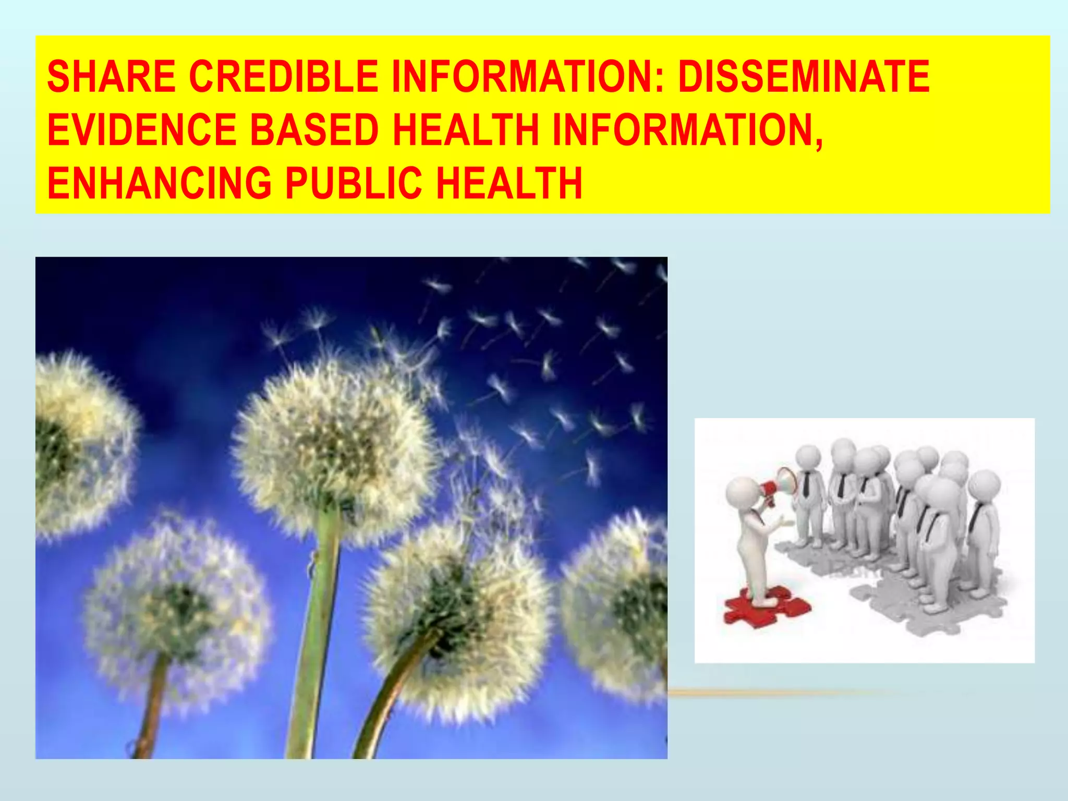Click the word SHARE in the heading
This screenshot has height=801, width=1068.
111,77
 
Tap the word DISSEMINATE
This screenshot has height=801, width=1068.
804,77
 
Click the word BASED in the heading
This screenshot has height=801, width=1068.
314,130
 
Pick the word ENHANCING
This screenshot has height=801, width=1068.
159,183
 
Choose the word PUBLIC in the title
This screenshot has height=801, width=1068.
353,183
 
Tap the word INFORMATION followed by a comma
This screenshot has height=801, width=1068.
687,130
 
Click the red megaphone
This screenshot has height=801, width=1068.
779,487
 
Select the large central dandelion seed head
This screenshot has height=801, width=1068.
334,443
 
